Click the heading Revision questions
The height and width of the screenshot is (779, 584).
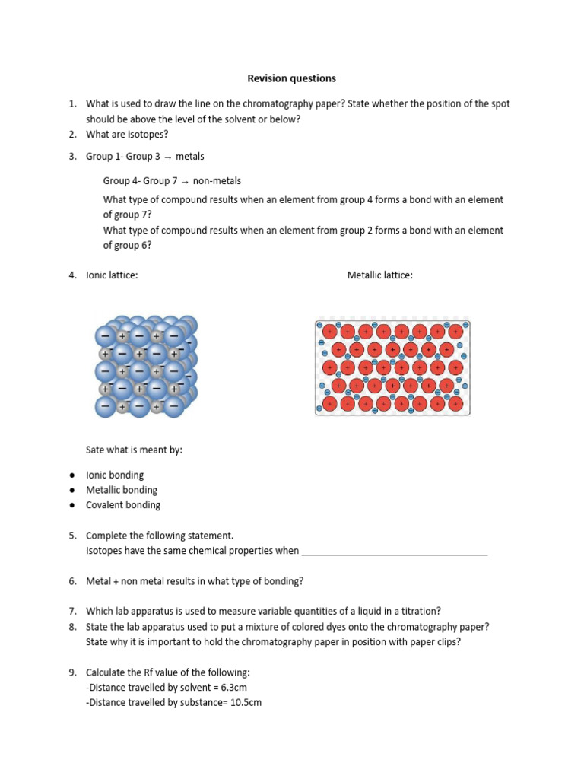tap(291, 78)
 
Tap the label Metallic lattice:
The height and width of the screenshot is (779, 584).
tap(380, 275)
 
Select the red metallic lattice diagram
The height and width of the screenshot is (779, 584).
tap(393, 367)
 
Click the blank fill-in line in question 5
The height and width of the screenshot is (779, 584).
tap(395, 552)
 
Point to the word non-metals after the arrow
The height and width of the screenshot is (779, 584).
tap(217, 181)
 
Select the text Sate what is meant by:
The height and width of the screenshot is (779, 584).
tap(134, 450)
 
